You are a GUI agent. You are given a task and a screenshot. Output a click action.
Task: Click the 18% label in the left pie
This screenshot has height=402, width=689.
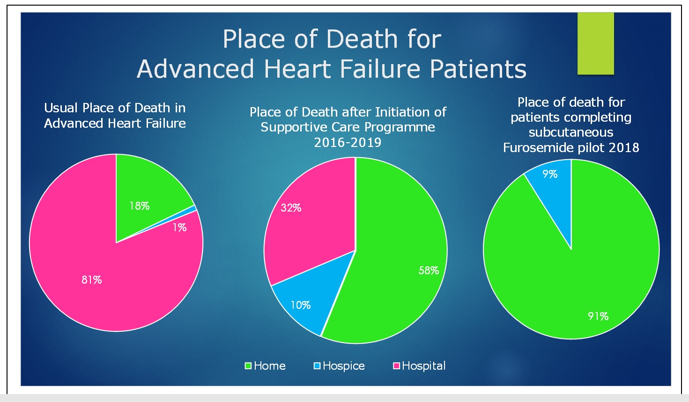pos(140,206)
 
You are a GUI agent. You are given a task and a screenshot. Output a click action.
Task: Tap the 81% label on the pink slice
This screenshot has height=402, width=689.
pos(92,280)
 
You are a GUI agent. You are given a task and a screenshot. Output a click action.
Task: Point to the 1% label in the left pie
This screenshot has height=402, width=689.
pos(180,227)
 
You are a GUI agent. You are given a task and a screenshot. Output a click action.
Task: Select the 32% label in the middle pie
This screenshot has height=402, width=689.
pos(291,208)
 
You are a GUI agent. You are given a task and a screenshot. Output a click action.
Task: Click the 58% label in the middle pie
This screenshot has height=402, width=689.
pos(429,270)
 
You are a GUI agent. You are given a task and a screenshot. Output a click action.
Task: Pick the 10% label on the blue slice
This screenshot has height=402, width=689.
pos(301,305)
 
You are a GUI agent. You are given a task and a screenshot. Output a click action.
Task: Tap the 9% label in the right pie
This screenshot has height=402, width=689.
pos(550,174)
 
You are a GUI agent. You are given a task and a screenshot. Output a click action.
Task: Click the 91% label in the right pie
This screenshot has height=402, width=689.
pos(598,316)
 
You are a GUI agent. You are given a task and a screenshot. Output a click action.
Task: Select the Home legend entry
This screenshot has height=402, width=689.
pos(265,366)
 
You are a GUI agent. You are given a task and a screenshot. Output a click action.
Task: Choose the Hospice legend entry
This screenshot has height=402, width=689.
pos(339,366)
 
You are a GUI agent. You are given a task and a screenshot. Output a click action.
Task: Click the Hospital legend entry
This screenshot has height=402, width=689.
pos(420,366)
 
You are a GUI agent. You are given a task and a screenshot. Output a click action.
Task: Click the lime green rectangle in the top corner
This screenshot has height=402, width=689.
pos(595,44)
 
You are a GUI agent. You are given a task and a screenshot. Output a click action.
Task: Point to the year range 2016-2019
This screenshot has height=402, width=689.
pos(348,143)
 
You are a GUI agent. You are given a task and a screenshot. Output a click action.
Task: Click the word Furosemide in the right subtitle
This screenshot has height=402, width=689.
pos(539,148)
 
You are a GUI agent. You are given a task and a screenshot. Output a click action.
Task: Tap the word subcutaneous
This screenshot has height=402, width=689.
pos(571,132)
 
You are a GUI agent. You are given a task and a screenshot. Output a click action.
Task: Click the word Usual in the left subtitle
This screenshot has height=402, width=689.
pos(61,108)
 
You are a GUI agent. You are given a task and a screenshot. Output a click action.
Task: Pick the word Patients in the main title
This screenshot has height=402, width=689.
pos(478,69)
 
